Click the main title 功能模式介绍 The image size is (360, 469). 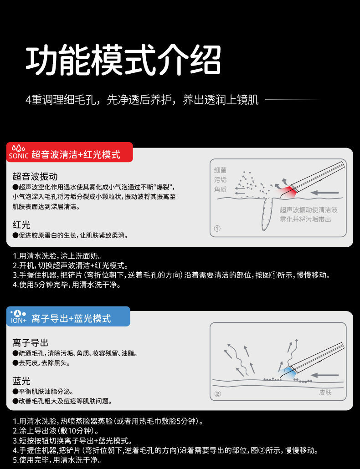click(124, 60)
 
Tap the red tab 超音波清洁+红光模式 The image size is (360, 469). click(76, 155)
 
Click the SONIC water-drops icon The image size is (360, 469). click(18, 148)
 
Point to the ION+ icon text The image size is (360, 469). click(19, 321)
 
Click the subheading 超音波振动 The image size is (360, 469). click(35, 177)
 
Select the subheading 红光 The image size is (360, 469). click(21, 224)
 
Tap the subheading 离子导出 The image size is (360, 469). click(31, 342)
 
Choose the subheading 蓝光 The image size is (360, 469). click(21, 381)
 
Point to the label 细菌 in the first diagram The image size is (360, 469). click(221, 170)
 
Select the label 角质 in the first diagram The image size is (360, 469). click(221, 189)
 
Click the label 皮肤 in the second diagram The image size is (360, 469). click(325, 392)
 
